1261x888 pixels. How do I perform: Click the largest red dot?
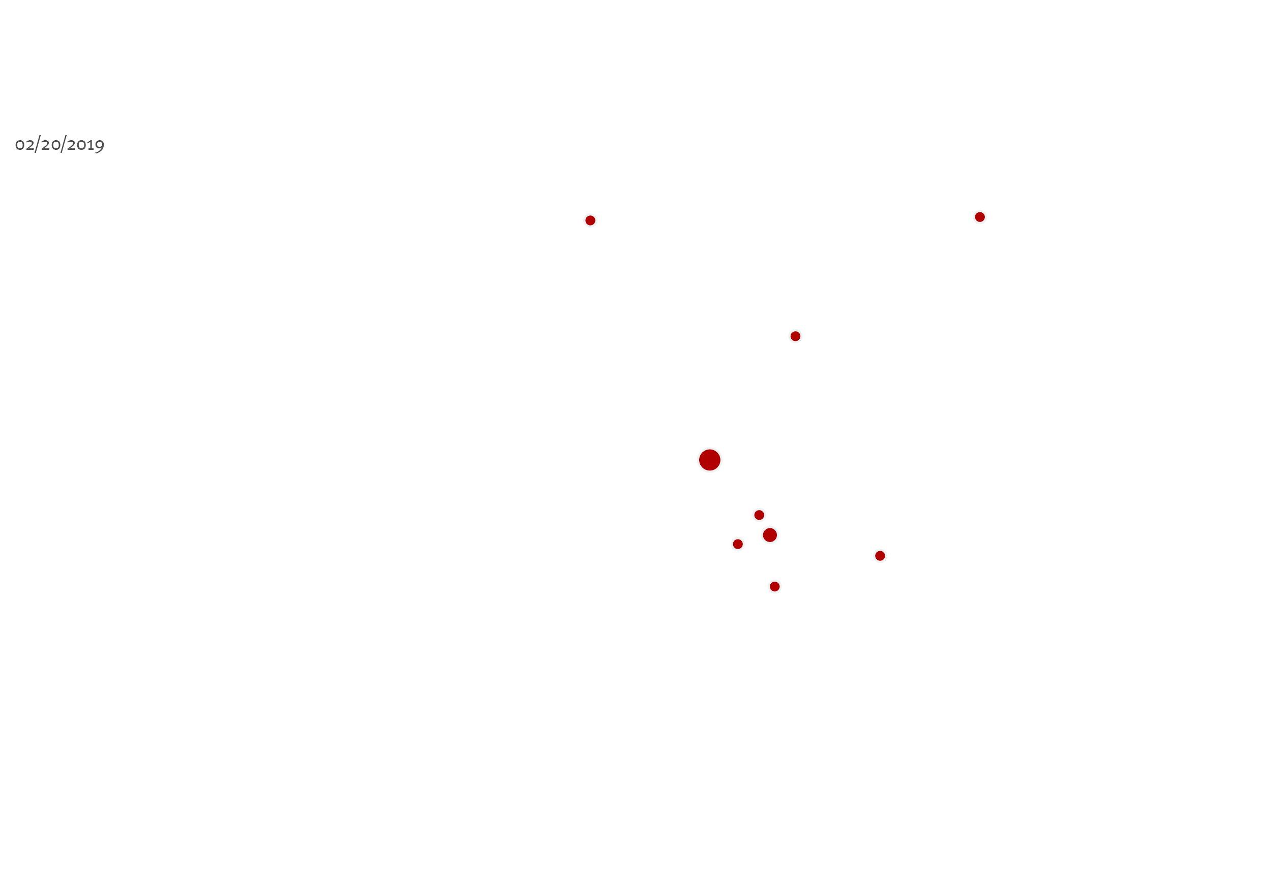pyautogui.click(x=710, y=460)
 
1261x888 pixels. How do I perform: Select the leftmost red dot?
pyautogui.click(x=590, y=220)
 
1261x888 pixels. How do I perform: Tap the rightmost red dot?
pyautogui.click(x=980, y=217)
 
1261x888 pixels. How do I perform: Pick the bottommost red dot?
pyautogui.click(x=775, y=587)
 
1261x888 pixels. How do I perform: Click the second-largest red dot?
pyautogui.click(x=770, y=535)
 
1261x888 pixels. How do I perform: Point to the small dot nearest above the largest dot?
pyautogui.click(x=795, y=336)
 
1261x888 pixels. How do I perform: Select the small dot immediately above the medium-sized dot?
pyautogui.click(x=759, y=515)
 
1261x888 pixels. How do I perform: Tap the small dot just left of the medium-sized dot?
pyautogui.click(x=738, y=545)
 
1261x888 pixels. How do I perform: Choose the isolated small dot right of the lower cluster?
pyautogui.click(x=880, y=556)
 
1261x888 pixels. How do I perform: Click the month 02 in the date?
pyautogui.click(x=25, y=145)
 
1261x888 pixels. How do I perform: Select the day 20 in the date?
pyautogui.click(x=50, y=145)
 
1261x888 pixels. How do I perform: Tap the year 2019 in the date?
pyautogui.click(x=85, y=145)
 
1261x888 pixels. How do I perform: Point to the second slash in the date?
pyautogui.click(x=64, y=144)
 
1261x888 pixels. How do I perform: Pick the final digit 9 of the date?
pyautogui.click(x=100, y=146)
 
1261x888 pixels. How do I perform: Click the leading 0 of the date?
pyautogui.click(x=20, y=145)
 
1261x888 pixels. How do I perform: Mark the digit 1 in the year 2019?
pyautogui.click(x=91, y=145)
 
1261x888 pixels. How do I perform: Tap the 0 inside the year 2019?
pyautogui.click(x=82, y=145)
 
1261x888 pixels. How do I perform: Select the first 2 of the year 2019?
pyautogui.click(x=71, y=145)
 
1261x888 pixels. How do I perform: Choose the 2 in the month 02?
pyautogui.click(x=29, y=145)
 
